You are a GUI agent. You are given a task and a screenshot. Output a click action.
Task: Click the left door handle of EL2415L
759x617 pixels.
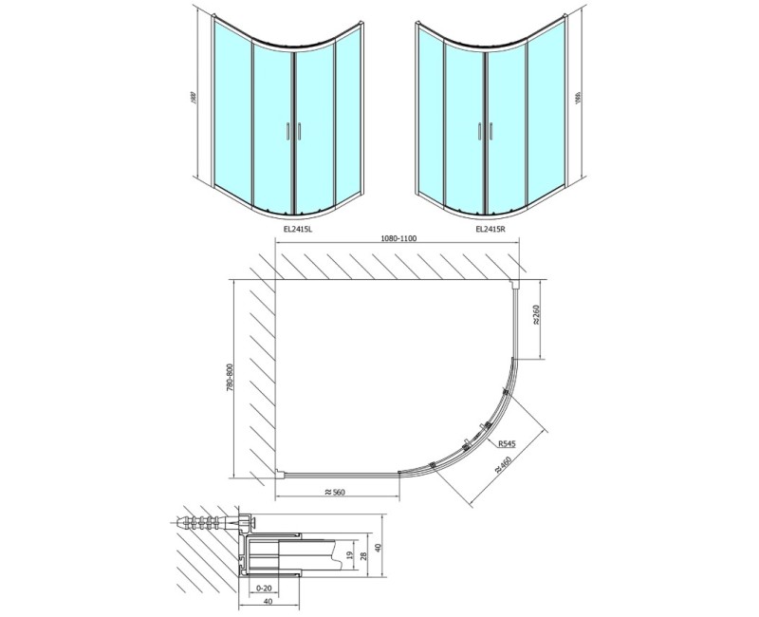pos(288,133)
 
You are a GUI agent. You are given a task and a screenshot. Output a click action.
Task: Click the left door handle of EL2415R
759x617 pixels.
pos(480,132)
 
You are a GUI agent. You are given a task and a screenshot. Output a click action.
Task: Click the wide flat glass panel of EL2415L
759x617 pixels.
pos(230,109)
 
